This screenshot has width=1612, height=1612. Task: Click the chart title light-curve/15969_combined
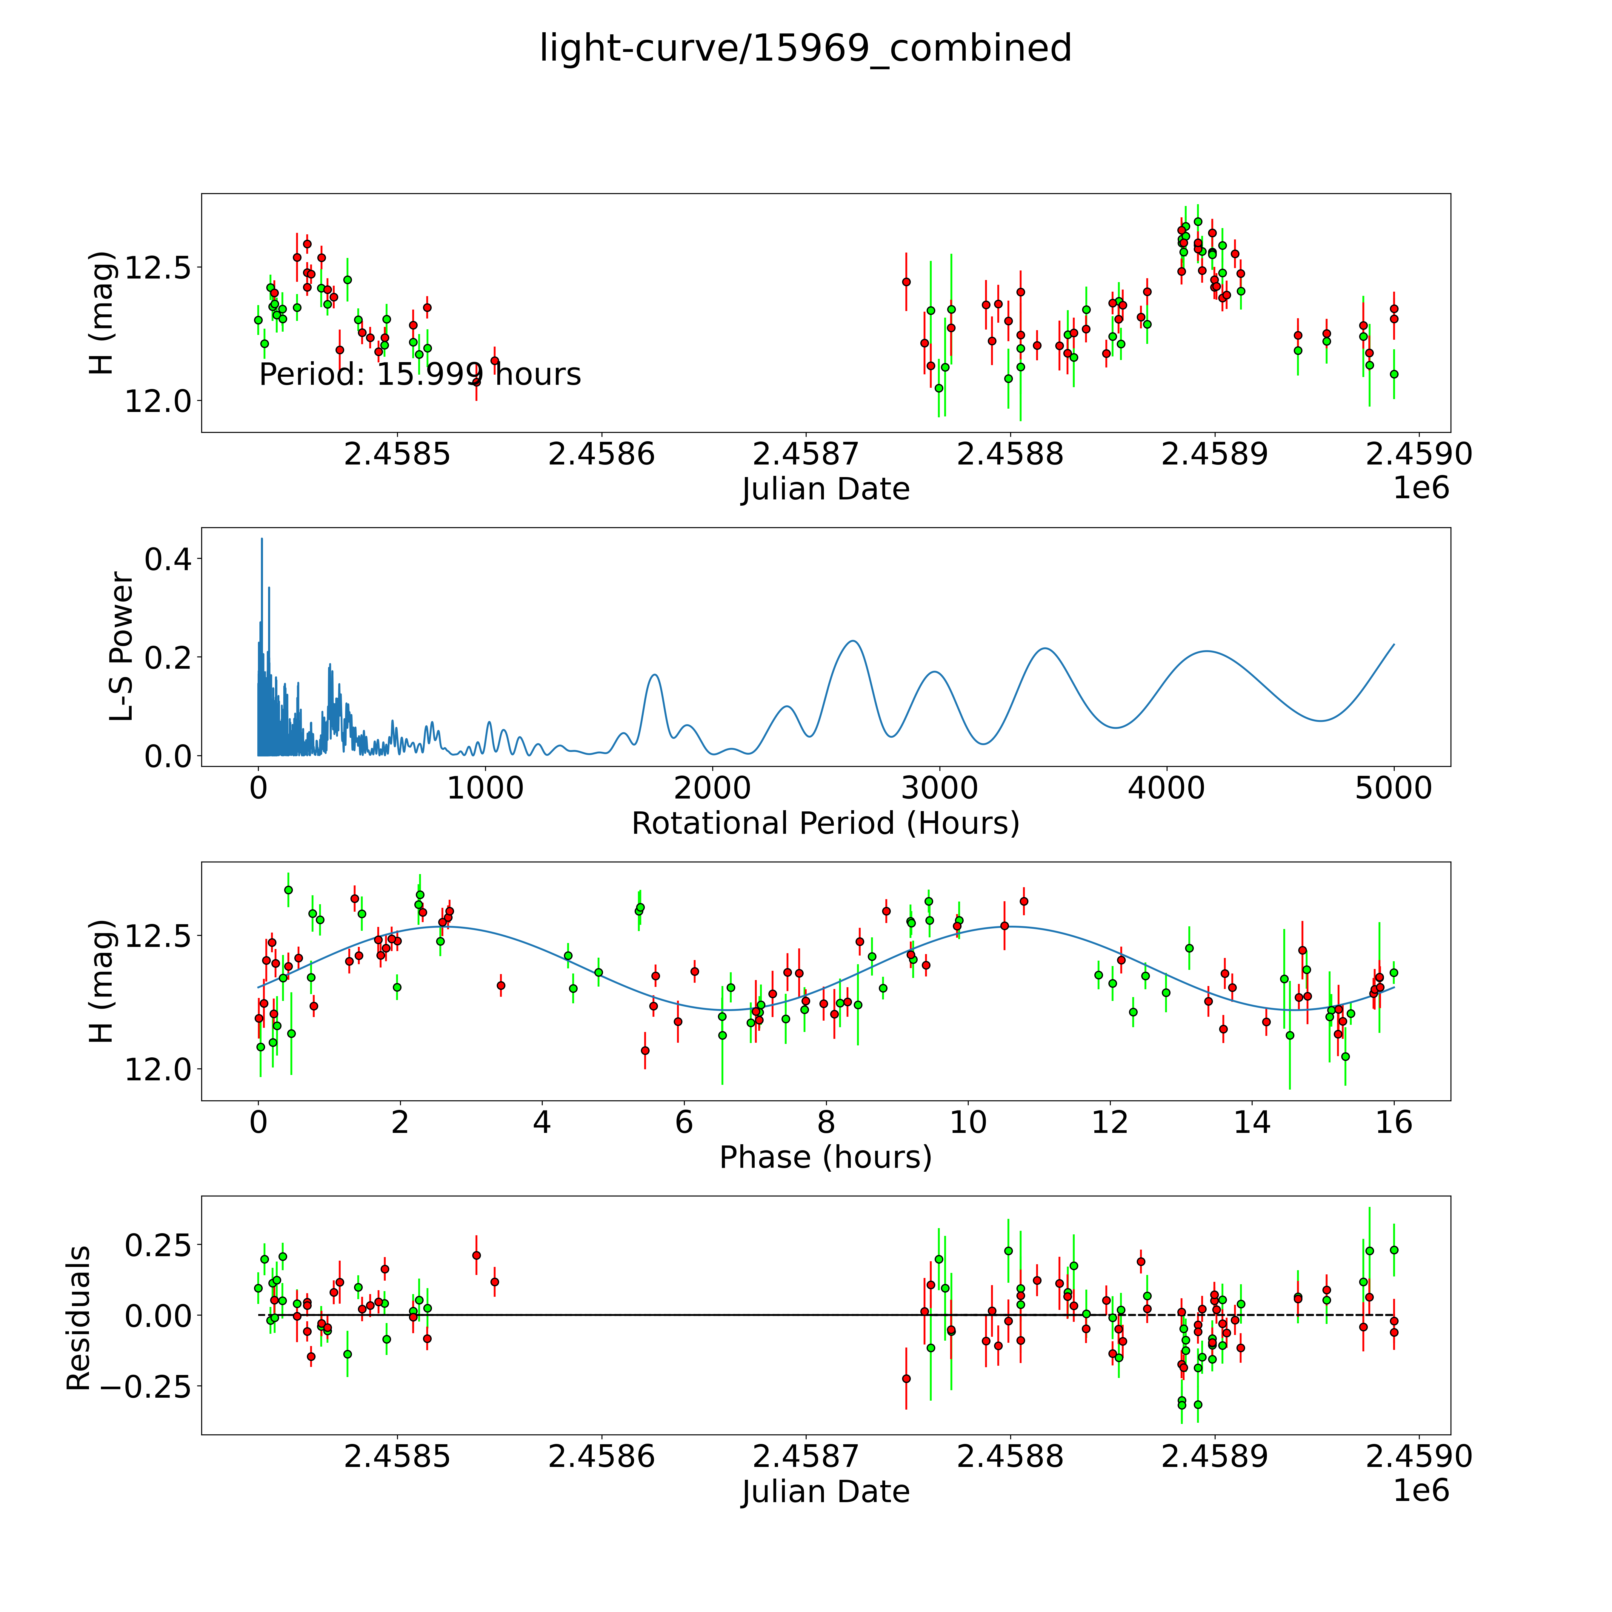(805, 48)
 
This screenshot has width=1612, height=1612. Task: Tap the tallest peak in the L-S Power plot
(262, 539)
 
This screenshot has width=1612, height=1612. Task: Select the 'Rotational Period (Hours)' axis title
(825, 824)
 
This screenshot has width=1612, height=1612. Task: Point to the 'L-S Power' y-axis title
(122, 647)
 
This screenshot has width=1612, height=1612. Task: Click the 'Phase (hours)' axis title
(825, 1157)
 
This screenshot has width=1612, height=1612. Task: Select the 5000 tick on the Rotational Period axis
(1393, 788)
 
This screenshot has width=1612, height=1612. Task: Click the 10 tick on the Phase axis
(968, 1122)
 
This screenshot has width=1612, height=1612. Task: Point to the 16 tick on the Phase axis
(1393, 1122)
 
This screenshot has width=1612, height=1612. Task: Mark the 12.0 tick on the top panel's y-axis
(158, 401)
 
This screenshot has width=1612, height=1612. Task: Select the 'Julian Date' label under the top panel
(825, 489)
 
